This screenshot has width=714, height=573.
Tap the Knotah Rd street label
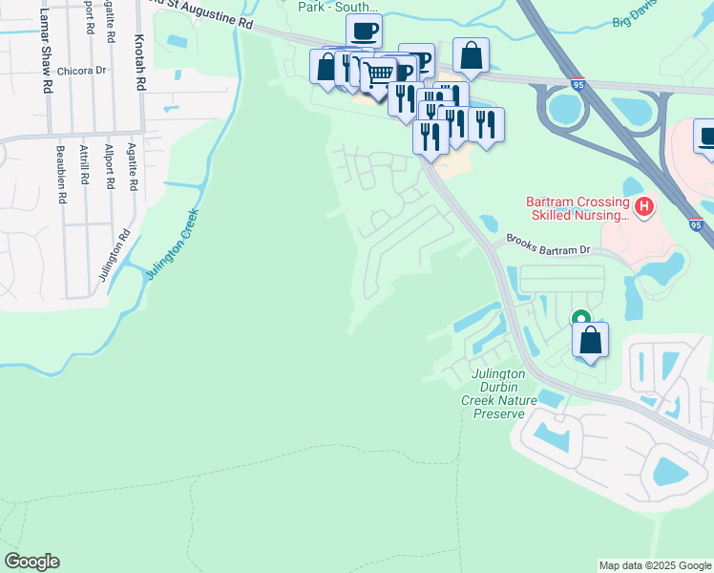[x=139, y=62]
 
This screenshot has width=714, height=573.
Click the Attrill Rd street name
[x=84, y=178]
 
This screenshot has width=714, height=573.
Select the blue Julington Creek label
[x=173, y=245]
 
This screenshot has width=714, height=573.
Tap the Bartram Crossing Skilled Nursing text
[x=577, y=208]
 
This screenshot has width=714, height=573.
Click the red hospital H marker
[x=644, y=205]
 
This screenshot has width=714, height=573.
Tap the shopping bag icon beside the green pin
[x=591, y=340]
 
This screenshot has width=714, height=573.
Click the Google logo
[x=31, y=562]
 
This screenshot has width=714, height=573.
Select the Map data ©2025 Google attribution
[x=654, y=565]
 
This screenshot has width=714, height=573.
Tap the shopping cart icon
[x=379, y=74]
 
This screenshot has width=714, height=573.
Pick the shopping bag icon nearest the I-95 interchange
[x=472, y=55]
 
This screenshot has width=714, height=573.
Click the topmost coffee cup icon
[x=364, y=32]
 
